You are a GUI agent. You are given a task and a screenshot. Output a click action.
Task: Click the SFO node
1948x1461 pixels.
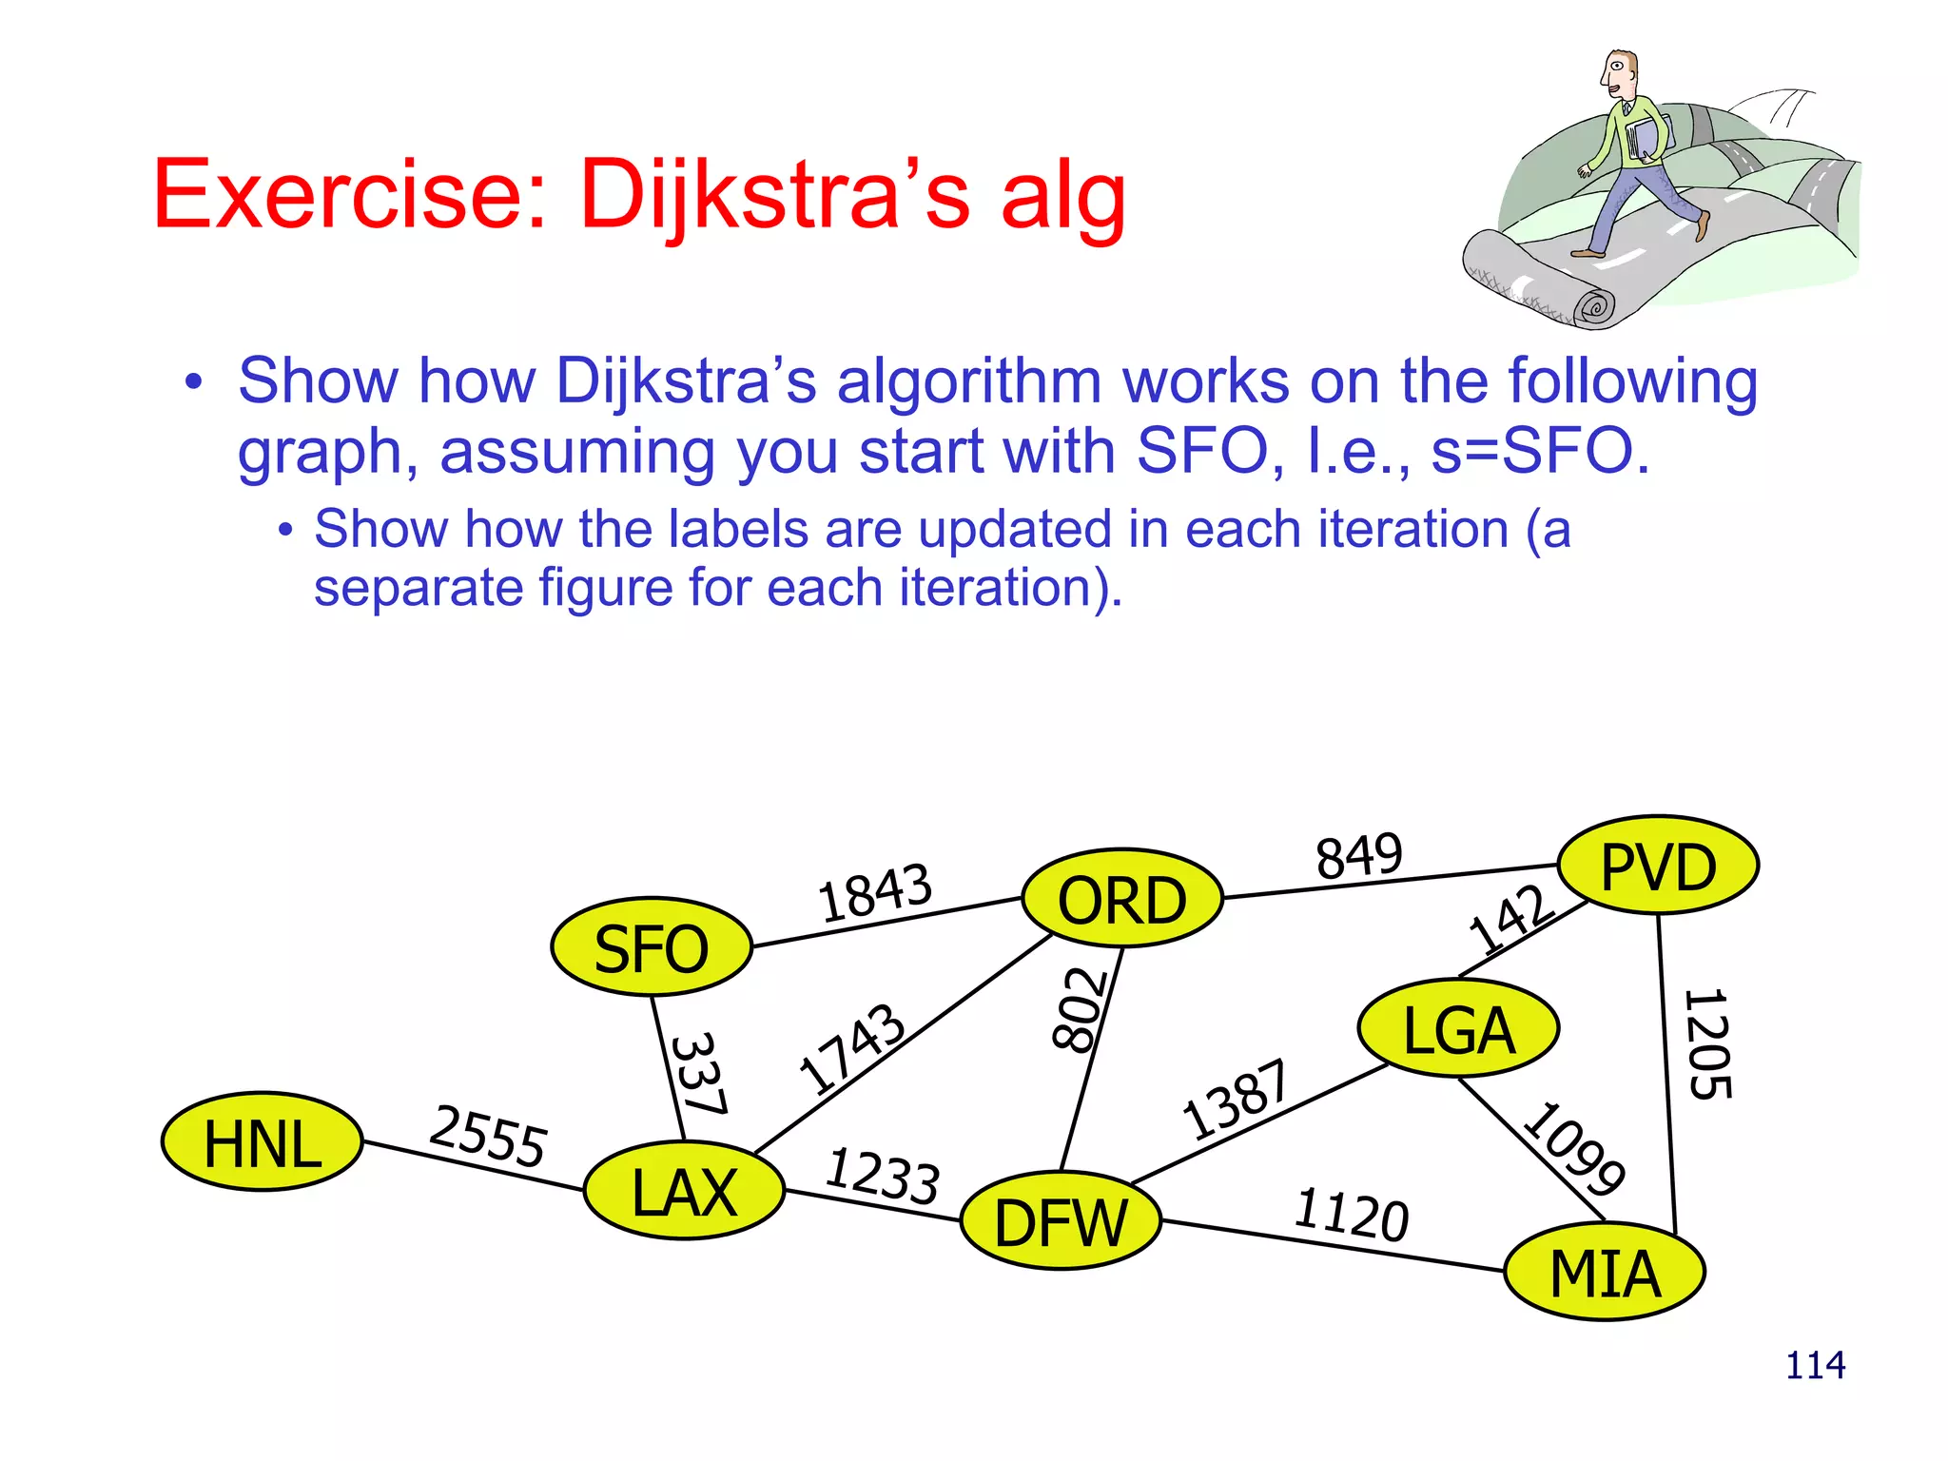tap(652, 947)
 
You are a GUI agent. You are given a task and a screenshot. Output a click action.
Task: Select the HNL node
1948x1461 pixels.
tap(262, 1141)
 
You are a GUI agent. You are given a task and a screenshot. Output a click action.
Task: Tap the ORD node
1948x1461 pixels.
tap(1121, 899)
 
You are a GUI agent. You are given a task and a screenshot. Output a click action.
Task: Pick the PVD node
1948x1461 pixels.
tap(1658, 866)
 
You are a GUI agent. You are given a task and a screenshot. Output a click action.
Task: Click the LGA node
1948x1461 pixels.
tap(1458, 1028)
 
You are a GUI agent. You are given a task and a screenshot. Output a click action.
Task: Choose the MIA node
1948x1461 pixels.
tap(1605, 1272)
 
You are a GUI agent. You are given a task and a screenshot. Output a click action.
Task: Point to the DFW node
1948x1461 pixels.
tap(1061, 1221)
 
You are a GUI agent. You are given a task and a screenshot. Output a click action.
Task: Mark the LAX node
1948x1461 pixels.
tap(684, 1191)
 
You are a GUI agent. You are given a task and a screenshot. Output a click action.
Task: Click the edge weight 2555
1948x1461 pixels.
tap(488, 1135)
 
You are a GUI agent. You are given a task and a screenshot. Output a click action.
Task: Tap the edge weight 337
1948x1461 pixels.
tap(700, 1073)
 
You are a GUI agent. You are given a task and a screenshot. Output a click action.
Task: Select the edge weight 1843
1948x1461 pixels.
tap(875, 892)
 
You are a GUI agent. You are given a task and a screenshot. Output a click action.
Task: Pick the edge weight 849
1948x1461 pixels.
tap(1358, 854)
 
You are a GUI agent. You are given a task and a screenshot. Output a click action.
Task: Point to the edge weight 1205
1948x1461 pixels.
tap(1708, 1044)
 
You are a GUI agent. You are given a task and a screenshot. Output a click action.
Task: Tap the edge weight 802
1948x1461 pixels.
tap(1080, 1009)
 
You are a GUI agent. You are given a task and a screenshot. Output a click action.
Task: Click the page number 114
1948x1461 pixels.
tap(1815, 1366)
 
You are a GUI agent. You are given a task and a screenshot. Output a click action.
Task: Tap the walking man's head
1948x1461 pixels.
tap(1619, 74)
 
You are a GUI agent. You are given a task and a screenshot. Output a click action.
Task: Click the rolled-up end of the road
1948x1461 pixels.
tap(1593, 307)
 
